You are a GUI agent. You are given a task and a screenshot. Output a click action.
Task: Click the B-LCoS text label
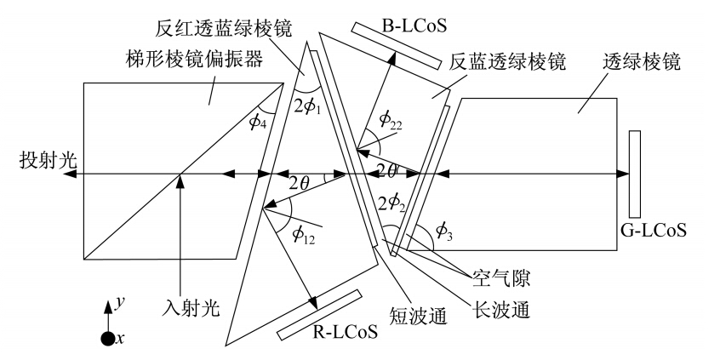pyautogui.click(x=414, y=26)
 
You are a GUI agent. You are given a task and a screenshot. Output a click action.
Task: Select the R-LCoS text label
pyautogui.click(x=346, y=330)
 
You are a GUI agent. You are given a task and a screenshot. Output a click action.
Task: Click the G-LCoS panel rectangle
pyautogui.click(x=635, y=174)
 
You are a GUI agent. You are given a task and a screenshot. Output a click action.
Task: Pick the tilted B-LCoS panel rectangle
pyautogui.click(x=397, y=46)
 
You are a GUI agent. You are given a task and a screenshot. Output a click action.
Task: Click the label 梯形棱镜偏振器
pyautogui.click(x=194, y=59)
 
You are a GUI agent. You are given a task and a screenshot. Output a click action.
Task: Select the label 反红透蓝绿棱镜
pyautogui.click(x=223, y=30)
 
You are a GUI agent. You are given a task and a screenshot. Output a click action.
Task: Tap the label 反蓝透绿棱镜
pyautogui.click(x=507, y=61)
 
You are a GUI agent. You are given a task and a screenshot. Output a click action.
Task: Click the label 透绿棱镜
pyautogui.click(x=641, y=61)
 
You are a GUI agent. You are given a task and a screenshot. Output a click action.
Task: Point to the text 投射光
pyautogui.click(x=49, y=162)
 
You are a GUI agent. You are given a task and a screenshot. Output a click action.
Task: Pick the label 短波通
pyautogui.click(x=418, y=317)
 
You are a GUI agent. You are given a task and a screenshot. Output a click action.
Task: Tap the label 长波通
pyautogui.click(x=501, y=310)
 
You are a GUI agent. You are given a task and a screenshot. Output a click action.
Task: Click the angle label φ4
pyautogui.click(x=258, y=125)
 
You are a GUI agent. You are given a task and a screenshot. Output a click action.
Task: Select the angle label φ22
pyautogui.click(x=391, y=120)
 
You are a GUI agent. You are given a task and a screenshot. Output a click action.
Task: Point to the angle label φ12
pyautogui.click(x=304, y=236)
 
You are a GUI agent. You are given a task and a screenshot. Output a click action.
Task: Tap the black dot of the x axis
pyautogui.click(x=107, y=339)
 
